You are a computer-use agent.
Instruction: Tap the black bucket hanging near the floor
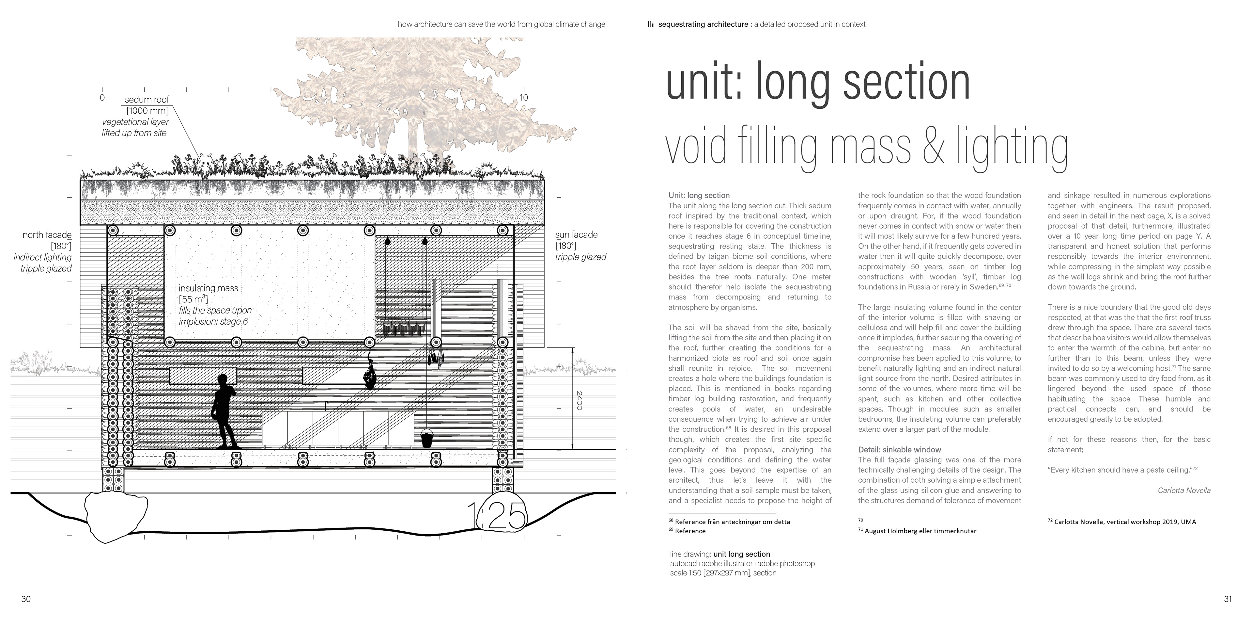pos(426,438)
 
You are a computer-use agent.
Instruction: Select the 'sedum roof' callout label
pos(147,99)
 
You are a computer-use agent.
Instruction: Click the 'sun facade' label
pos(576,235)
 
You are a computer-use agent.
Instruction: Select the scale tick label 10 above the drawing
pos(523,97)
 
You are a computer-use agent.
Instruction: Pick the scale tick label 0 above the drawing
pos(102,97)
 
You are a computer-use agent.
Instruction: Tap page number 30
pos(26,599)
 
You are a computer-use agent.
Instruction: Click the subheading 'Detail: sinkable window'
pos(899,450)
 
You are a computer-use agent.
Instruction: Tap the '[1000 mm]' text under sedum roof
pos(147,110)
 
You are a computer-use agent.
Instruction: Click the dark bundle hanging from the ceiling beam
pos(370,375)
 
